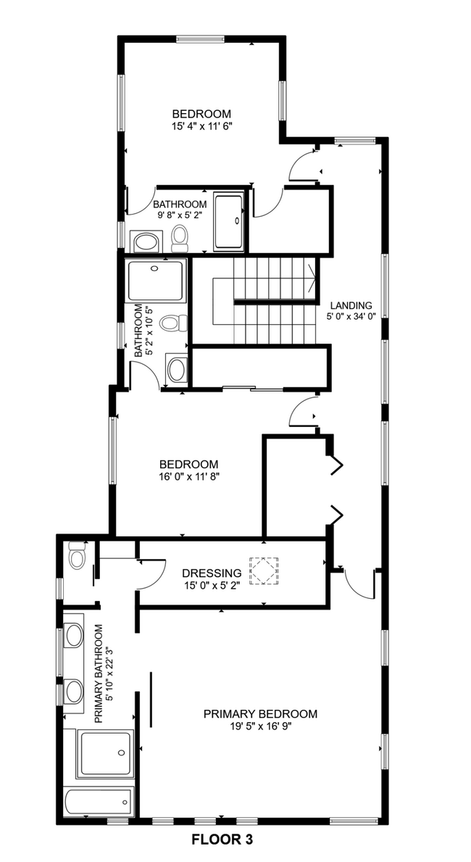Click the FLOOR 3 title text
tap(222, 841)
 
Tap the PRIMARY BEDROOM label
tap(260, 714)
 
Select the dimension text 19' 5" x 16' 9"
tap(260, 726)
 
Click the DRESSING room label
tap(212, 573)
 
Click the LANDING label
tap(351, 305)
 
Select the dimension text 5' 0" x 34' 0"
tap(351, 316)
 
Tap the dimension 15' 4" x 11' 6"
tap(201, 125)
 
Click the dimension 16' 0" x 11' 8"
tap(189, 476)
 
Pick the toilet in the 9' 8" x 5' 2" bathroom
tap(180, 237)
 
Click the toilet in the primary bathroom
tap(76, 557)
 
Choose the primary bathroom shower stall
tap(106, 754)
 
